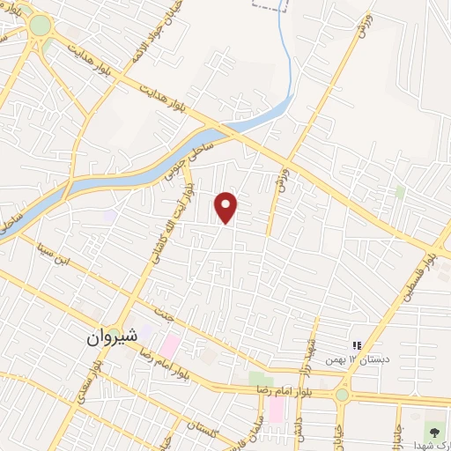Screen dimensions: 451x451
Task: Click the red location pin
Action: pos(226,207)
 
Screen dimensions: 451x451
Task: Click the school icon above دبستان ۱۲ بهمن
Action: pos(358,345)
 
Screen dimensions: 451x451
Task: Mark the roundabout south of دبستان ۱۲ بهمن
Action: pos(342,394)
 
